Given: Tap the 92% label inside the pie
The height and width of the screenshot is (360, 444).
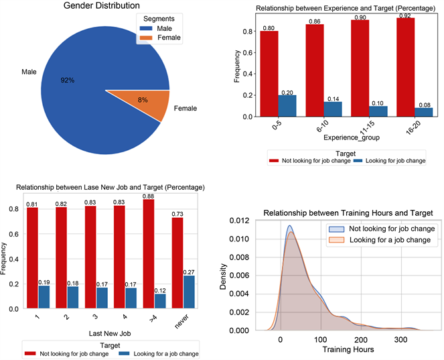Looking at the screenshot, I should pyautogui.click(x=68, y=80).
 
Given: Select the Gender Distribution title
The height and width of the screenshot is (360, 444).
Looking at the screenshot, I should pyautogui.click(x=104, y=6).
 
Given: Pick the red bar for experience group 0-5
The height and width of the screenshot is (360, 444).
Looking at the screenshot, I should pyautogui.click(x=269, y=74).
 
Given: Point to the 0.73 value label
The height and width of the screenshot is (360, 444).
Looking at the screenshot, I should pyautogui.click(x=177, y=214).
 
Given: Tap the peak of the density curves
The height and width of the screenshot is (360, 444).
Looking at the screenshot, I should pyautogui.click(x=290, y=227).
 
